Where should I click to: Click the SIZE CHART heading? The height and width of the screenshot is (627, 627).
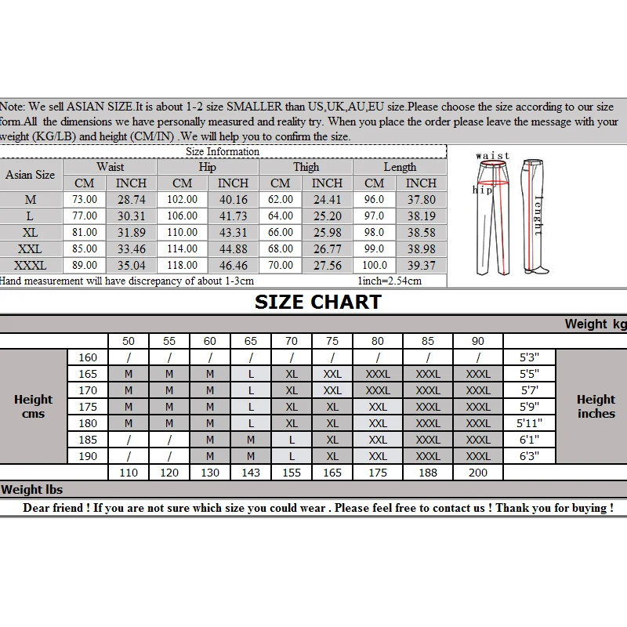click(318, 303)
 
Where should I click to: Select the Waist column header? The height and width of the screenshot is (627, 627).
click(110, 167)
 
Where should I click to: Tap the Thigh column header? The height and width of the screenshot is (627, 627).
click(306, 167)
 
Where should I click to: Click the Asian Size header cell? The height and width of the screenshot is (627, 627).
click(30, 175)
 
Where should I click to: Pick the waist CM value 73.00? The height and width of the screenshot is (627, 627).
click(85, 200)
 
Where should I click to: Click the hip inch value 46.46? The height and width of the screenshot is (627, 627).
click(233, 266)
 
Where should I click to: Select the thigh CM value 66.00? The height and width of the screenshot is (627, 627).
click(281, 233)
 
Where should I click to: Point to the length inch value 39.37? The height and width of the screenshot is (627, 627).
click(421, 266)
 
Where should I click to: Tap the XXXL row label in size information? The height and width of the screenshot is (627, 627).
click(30, 266)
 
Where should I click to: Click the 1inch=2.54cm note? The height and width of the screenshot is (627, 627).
click(389, 281)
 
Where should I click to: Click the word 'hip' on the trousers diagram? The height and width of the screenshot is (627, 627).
click(480, 190)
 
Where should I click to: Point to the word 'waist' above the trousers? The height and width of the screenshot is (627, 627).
click(493, 156)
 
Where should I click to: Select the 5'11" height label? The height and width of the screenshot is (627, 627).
click(530, 423)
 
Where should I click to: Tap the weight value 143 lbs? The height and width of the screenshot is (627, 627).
click(251, 473)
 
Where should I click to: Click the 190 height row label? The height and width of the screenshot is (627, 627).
click(88, 456)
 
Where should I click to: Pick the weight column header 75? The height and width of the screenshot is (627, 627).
click(332, 341)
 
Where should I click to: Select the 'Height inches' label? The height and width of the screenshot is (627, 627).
click(596, 406)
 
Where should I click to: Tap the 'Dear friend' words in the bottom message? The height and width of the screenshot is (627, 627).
click(53, 508)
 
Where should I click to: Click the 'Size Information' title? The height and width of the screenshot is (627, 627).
click(223, 151)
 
